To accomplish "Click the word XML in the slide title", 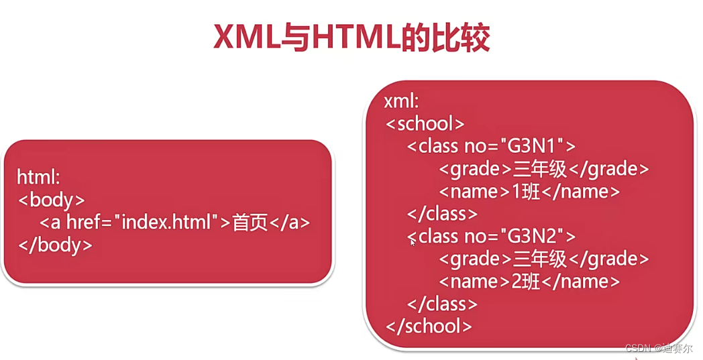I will click(246, 38).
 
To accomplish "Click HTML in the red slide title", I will click(356, 38).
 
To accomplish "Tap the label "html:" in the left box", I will click(39, 177).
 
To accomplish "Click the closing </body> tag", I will click(56, 245).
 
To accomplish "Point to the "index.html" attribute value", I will click(171, 223).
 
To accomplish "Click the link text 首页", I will click(250, 223).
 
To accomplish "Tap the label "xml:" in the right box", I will click(402, 101).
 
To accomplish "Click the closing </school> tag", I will click(429, 326).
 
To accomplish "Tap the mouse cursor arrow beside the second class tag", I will click(413, 242).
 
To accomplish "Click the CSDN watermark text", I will click(639, 349).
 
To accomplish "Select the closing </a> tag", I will click(290, 223).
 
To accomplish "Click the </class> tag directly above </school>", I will click(443, 304).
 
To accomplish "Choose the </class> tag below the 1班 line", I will click(443, 214).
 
